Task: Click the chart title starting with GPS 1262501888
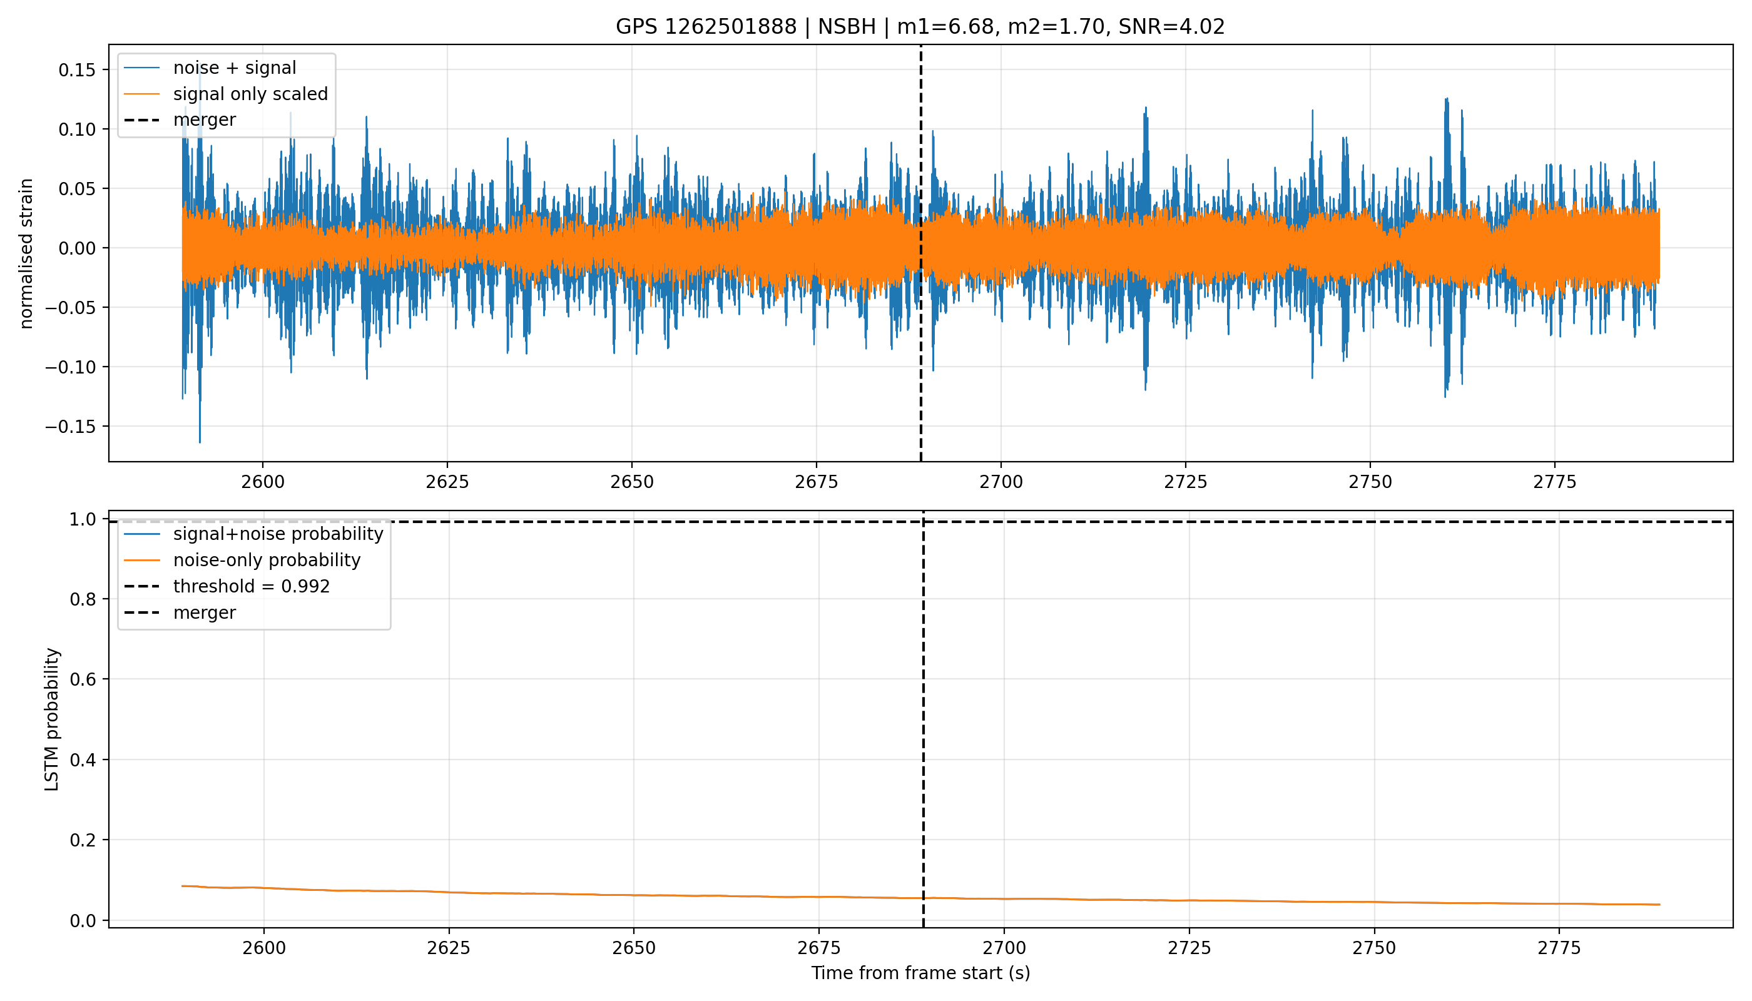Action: (x=920, y=27)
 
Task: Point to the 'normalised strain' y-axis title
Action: (x=26, y=253)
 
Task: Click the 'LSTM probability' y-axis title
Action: (x=53, y=719)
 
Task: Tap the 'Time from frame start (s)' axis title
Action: (x=920, y=973)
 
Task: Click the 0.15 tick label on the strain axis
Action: (x=79, y=70)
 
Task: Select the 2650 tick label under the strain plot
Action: (x=632, y=482)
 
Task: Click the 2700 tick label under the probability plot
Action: (x=1004, y=948)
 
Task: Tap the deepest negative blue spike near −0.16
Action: (x=200, y=440)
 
